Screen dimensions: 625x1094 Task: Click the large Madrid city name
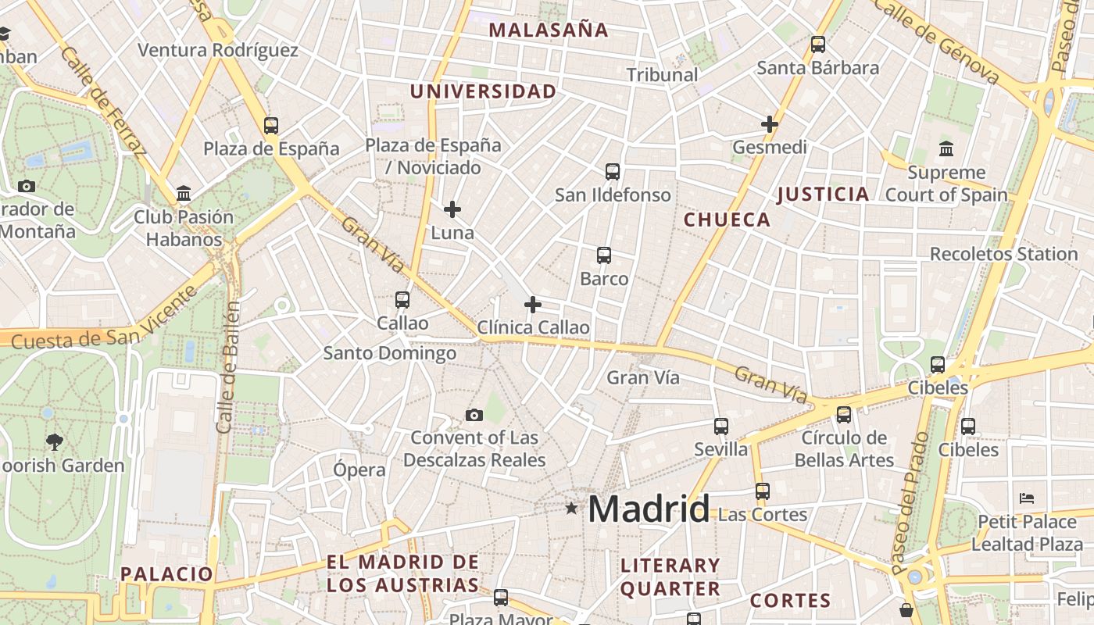click(649, 509)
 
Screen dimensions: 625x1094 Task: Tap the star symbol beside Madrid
click(572, 509)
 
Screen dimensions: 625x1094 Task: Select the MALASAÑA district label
click(549, 30)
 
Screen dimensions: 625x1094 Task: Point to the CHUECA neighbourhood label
click(728, 220)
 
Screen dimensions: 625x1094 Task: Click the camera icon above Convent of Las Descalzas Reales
click(474, 415)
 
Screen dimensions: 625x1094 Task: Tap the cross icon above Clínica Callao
click(533, 305)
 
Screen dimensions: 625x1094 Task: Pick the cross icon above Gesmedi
click(770, 124)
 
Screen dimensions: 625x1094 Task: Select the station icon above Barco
click(604, 255)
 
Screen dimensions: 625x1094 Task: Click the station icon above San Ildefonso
click(613, 171)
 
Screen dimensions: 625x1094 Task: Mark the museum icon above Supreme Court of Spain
click(946, 148)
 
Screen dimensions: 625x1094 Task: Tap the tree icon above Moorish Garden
click(54, 442)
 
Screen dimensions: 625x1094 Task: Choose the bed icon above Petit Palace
click(1027, 498)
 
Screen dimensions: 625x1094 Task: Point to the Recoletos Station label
click(1003, 254)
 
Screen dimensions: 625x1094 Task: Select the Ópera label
click(359, 470)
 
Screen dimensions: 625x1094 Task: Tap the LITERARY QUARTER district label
click(670, 577)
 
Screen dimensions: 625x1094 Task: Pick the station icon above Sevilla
click(721, 427)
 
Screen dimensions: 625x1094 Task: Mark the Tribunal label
click(663, 75)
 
